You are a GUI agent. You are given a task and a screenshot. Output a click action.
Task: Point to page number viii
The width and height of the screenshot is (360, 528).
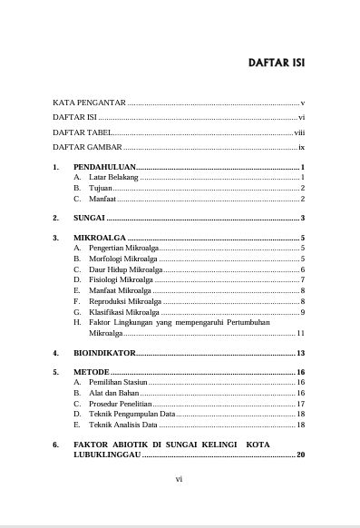pyautogui.click(x=299, y=132)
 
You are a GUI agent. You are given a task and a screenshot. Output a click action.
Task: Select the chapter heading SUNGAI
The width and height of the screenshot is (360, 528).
pyautogui.click(x=89, y=218)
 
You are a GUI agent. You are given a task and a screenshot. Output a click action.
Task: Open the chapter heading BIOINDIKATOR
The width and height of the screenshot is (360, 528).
pyautogui.click(x=104, y=352)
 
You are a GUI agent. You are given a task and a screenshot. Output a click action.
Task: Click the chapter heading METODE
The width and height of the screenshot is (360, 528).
pyautogui.click(x=92, y=372)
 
